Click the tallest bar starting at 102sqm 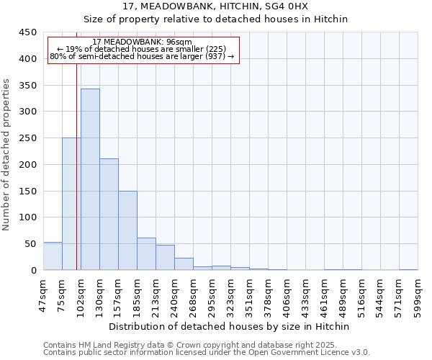90,179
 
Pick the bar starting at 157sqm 127,230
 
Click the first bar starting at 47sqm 53,256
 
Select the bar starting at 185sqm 146,254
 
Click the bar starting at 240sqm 184,264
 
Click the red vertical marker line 76,144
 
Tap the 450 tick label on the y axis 28,32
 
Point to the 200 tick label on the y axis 28,165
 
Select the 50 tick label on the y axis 31,244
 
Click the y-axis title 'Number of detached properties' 7,155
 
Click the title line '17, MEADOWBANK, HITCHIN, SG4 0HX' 215,6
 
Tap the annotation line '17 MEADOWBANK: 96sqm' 143,42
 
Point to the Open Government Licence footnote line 207,353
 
